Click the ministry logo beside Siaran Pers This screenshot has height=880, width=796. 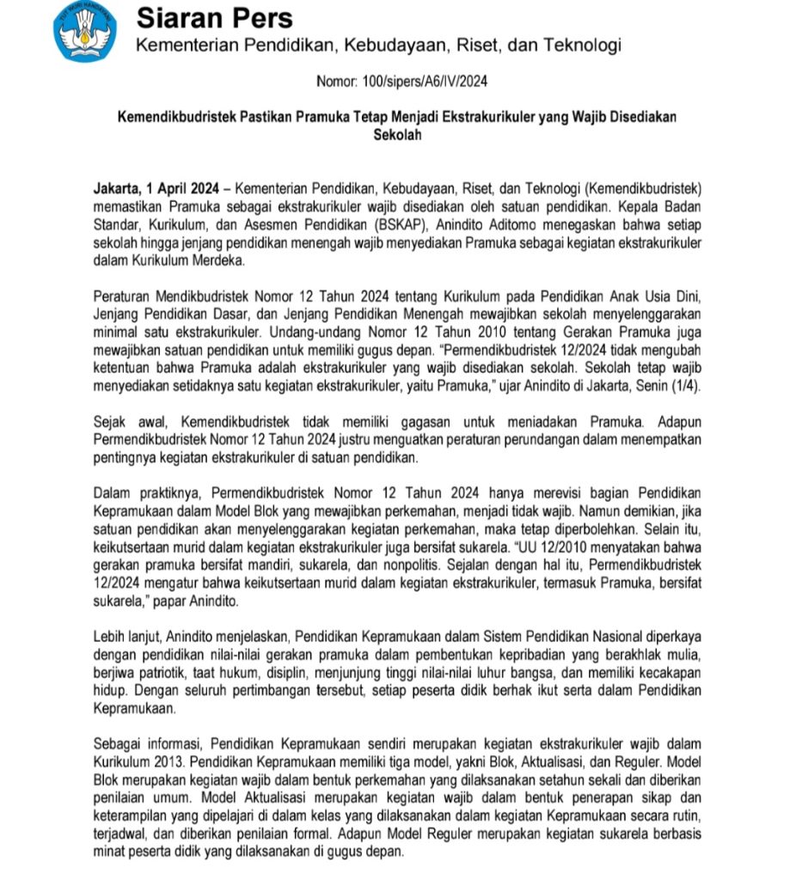click(x=85, y=31)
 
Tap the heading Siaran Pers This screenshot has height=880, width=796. click(x=215, y=18)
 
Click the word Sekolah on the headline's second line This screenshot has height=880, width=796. click(x=397, y=134)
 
